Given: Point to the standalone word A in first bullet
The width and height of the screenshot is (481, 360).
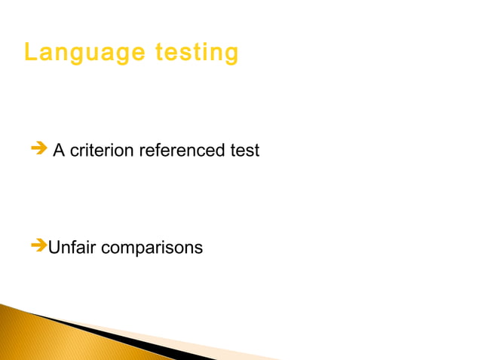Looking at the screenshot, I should tap(59, 151).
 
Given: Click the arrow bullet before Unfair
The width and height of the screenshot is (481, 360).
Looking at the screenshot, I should tap(38, 246).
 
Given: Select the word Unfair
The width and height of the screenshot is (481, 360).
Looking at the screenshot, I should tap(72, 247).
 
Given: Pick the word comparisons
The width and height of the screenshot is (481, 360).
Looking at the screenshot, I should tap(152, 248).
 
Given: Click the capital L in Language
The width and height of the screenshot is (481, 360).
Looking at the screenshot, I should tap(30, 53).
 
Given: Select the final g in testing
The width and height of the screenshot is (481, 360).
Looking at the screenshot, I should tap(231, 55).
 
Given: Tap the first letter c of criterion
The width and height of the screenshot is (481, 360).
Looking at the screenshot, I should tap(75, 151).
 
